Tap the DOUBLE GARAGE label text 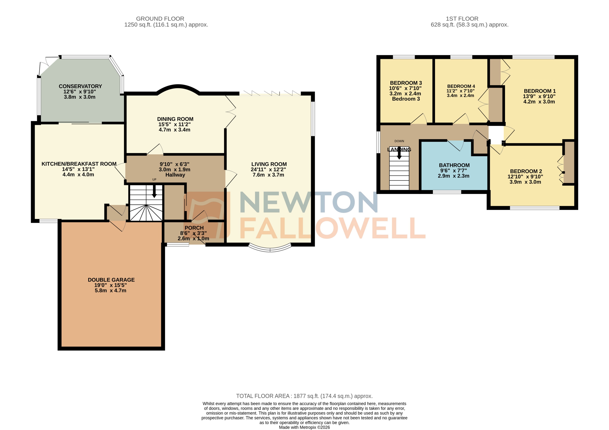tap(111, 280)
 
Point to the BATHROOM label tap(454, 165)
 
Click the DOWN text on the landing tap(399, 141)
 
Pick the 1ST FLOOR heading tap(462, 19)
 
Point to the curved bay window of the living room tap(270, 249)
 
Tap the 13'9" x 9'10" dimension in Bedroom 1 tap(539, 96)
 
